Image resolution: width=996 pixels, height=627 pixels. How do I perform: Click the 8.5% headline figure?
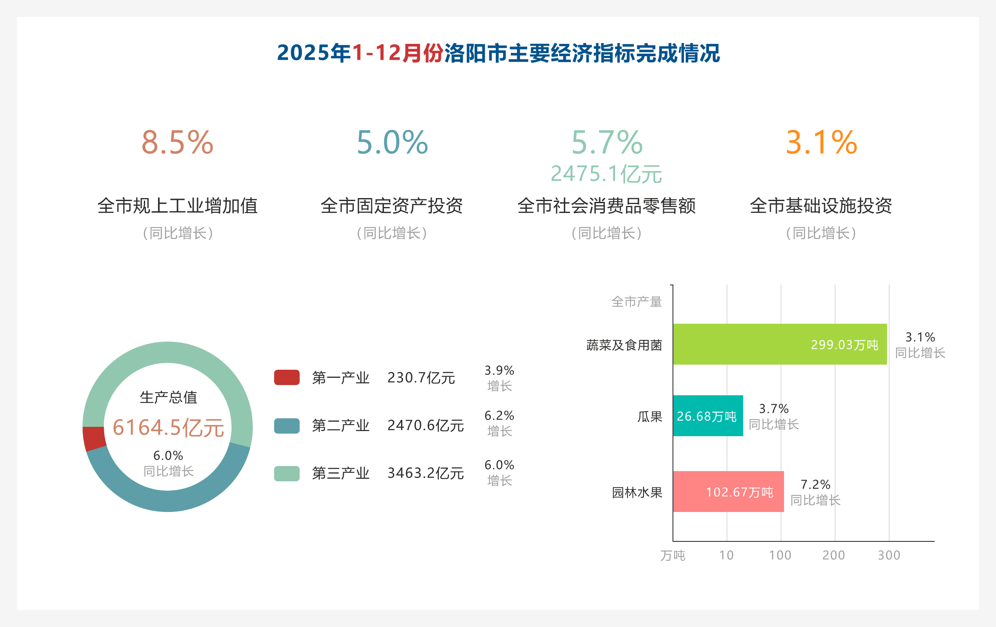[x=177, y=142]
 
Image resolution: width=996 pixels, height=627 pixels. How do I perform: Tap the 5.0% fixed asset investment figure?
[x=392, y=142]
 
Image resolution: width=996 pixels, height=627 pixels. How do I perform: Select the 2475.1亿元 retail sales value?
[x=606, y=174]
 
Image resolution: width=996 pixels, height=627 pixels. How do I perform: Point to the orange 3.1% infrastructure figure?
[x=821, y=142]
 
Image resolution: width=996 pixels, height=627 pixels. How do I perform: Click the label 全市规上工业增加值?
[x=177, y=206]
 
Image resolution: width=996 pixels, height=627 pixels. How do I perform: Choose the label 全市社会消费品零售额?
[x=606, y=206]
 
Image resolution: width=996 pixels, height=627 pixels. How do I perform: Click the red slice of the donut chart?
[x=94, y=438]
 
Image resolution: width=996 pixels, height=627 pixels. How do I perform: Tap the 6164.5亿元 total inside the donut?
[x=168, y=427]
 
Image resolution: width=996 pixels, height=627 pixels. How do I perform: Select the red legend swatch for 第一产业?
[x=286, y=377]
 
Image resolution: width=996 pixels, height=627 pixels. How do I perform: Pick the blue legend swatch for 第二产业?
[x=286, y=426]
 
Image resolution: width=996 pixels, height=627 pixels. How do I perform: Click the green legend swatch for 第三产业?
[x=286, y=473]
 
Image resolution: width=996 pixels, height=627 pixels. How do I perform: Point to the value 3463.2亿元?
[x=425, y=473]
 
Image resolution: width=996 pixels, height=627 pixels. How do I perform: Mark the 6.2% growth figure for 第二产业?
[x=499, y=416]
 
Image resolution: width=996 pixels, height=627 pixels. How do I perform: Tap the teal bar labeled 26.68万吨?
[x=707, y=416]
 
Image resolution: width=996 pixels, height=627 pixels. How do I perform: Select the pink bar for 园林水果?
[x=728, y=492]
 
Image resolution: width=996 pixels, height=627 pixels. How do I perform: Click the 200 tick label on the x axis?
[x=833, y=555]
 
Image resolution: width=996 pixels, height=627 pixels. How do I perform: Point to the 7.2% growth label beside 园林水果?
[x=815, y=485]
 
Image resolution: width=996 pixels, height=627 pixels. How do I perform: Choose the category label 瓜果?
[x=650, y=417]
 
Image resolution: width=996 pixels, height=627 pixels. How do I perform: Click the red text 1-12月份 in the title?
[x=398, y=53]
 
